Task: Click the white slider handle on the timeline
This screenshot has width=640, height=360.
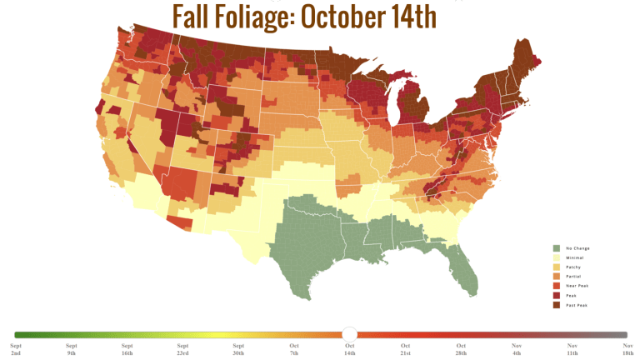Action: tap(350, 334)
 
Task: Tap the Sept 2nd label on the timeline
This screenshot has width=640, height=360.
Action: tap(16, 349)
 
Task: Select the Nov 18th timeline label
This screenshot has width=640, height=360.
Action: tap(627, 349)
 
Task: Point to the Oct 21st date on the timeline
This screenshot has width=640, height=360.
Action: tap(405, 349)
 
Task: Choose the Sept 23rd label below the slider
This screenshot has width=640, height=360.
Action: tap(182, 349)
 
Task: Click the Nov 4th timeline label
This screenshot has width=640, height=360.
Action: tap(517, 349)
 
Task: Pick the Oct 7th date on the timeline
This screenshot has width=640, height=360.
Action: tap(294, 349)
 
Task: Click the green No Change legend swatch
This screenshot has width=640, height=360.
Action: tap(556, 248)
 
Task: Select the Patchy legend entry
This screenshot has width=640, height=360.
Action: tap(572, 267)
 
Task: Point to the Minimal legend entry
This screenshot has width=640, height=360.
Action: tap(573, 257)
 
